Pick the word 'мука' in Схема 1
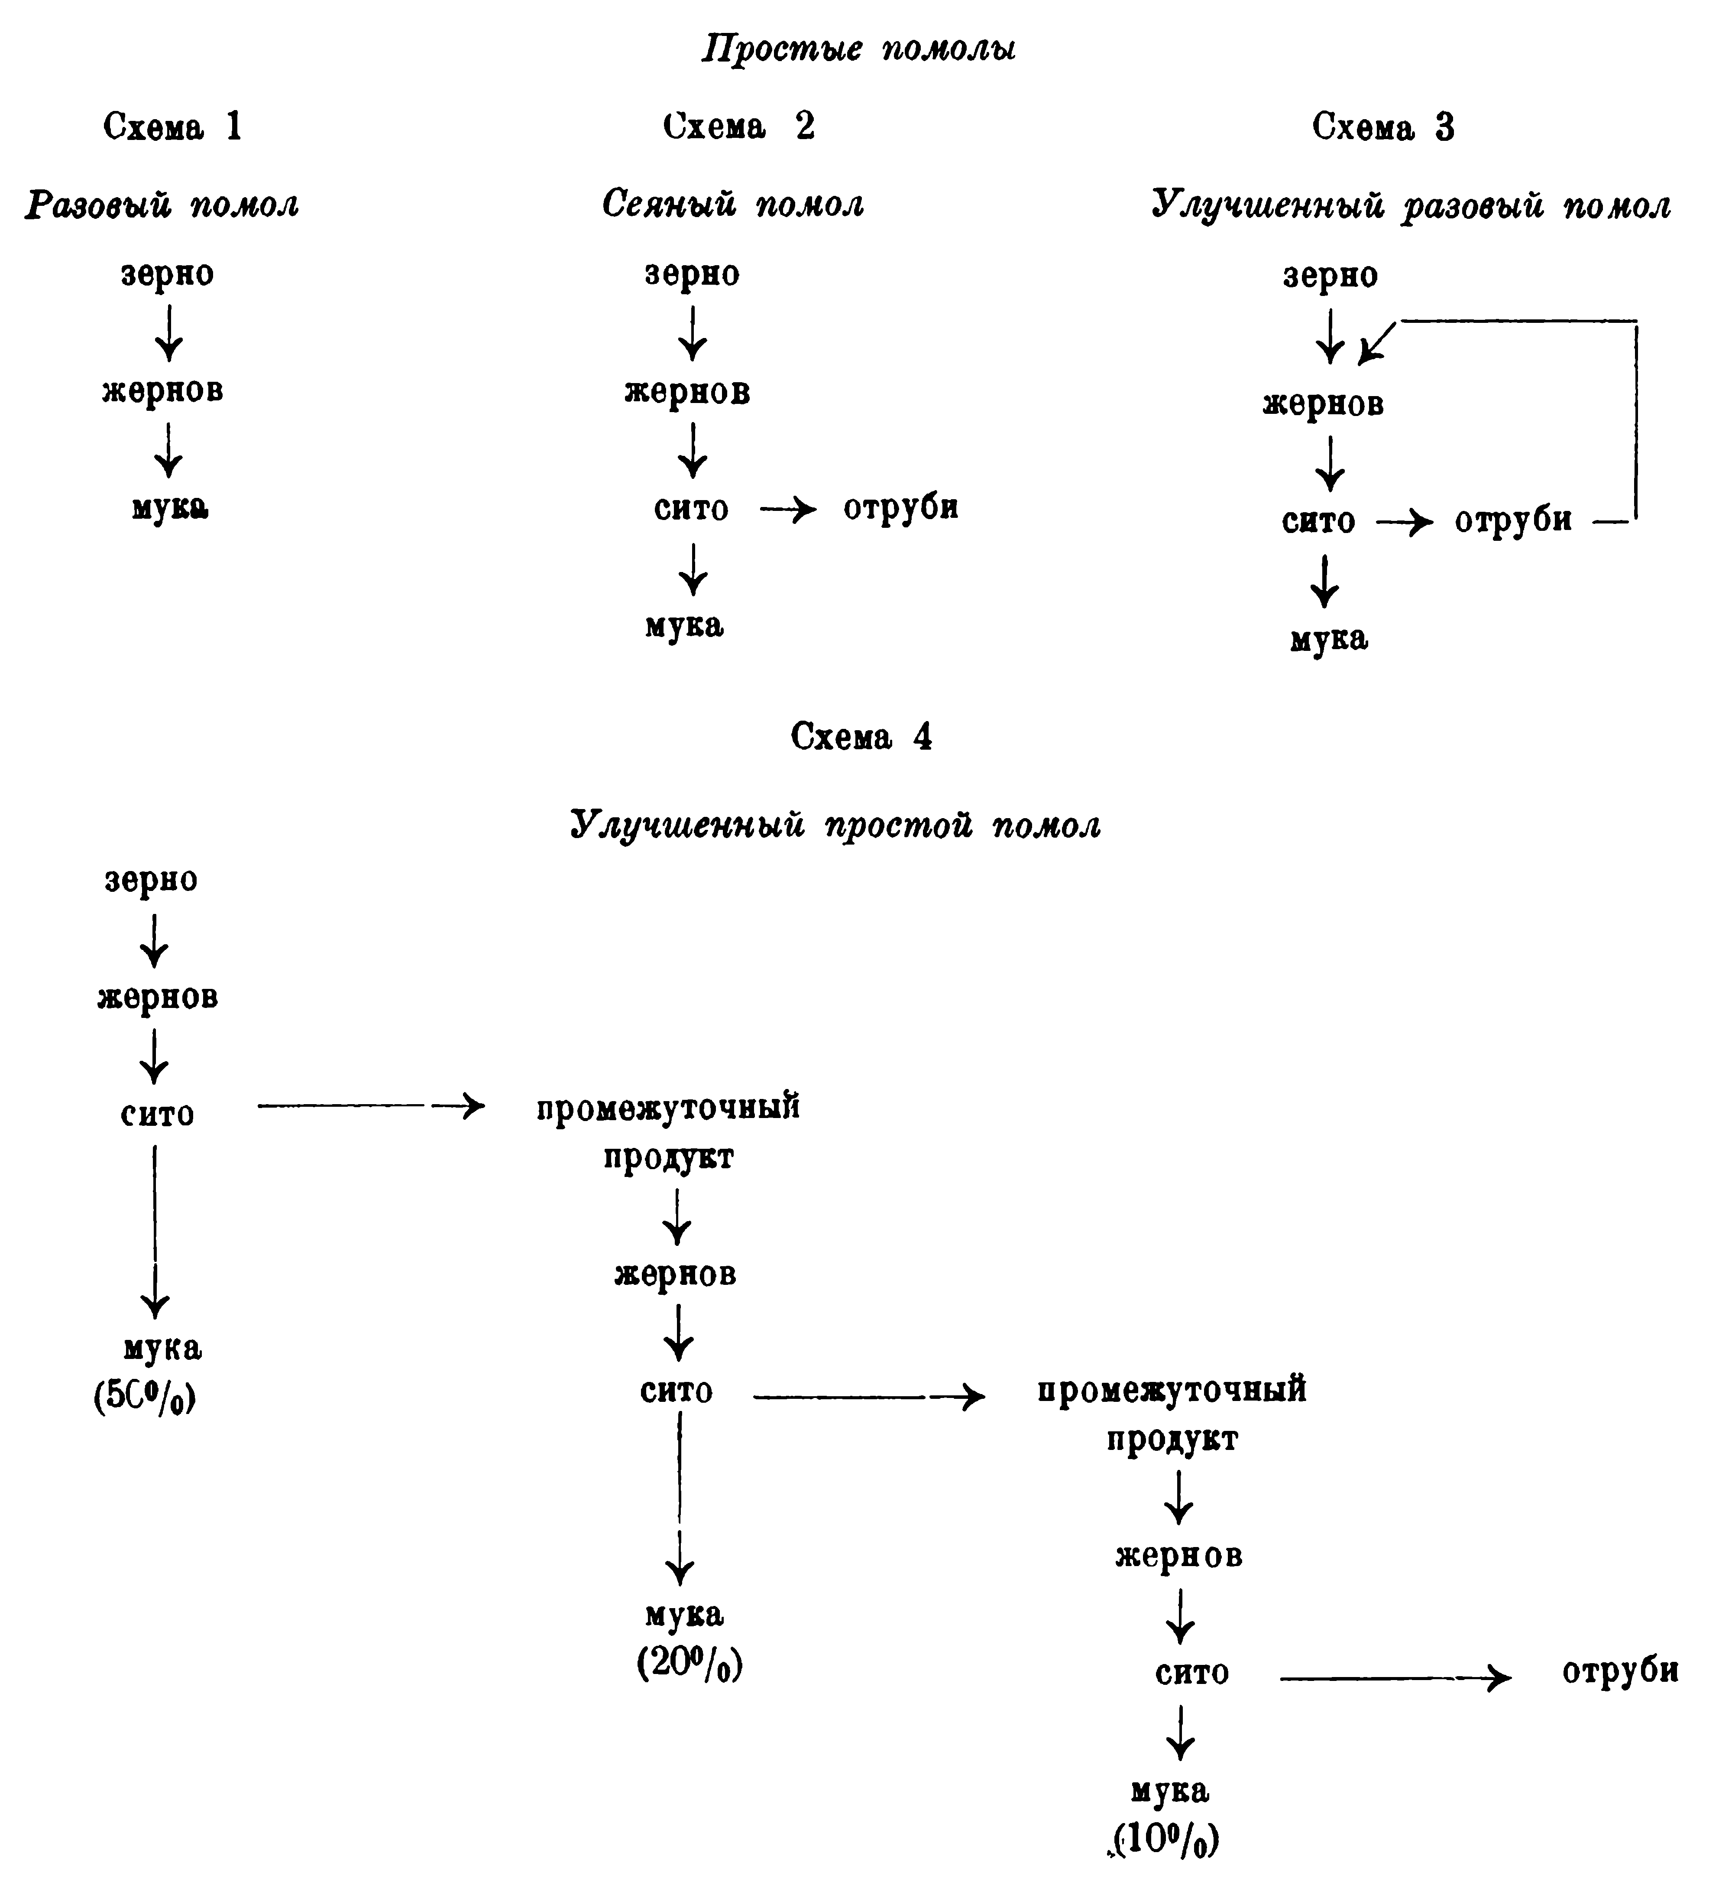pyautogui.click(x=169, y=507)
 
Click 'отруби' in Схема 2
pyautogui.click(x=900, y=507)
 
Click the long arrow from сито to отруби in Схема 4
pyautogui.click(x=1395, y=1678)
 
